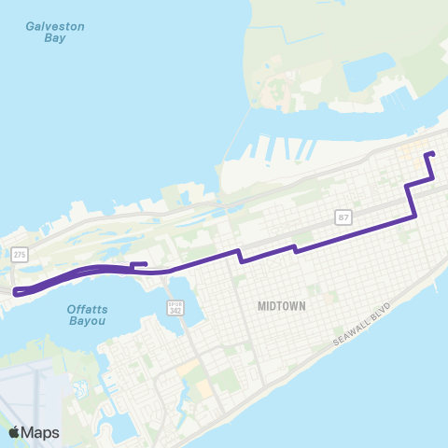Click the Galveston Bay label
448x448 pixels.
pyautogui.click(x=56, y=32)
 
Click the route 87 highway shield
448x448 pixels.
pyautogui.click(x=343, y=217)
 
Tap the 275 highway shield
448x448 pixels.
pyautogui.click(x=20, y=254)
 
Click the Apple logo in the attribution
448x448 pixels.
pyautogui.click(x=14, y=432)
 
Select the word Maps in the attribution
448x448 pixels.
pyautogui.click(x=40, y=432)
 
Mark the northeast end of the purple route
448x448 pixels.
pyautogui.click(x=427, y=154)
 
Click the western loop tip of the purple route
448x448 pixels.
pyautogui.click(x=15, y=292)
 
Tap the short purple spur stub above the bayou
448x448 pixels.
pyautogui.click(x=140, y=264)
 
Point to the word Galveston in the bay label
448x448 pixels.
pyautogui.click(x=56, y=26)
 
